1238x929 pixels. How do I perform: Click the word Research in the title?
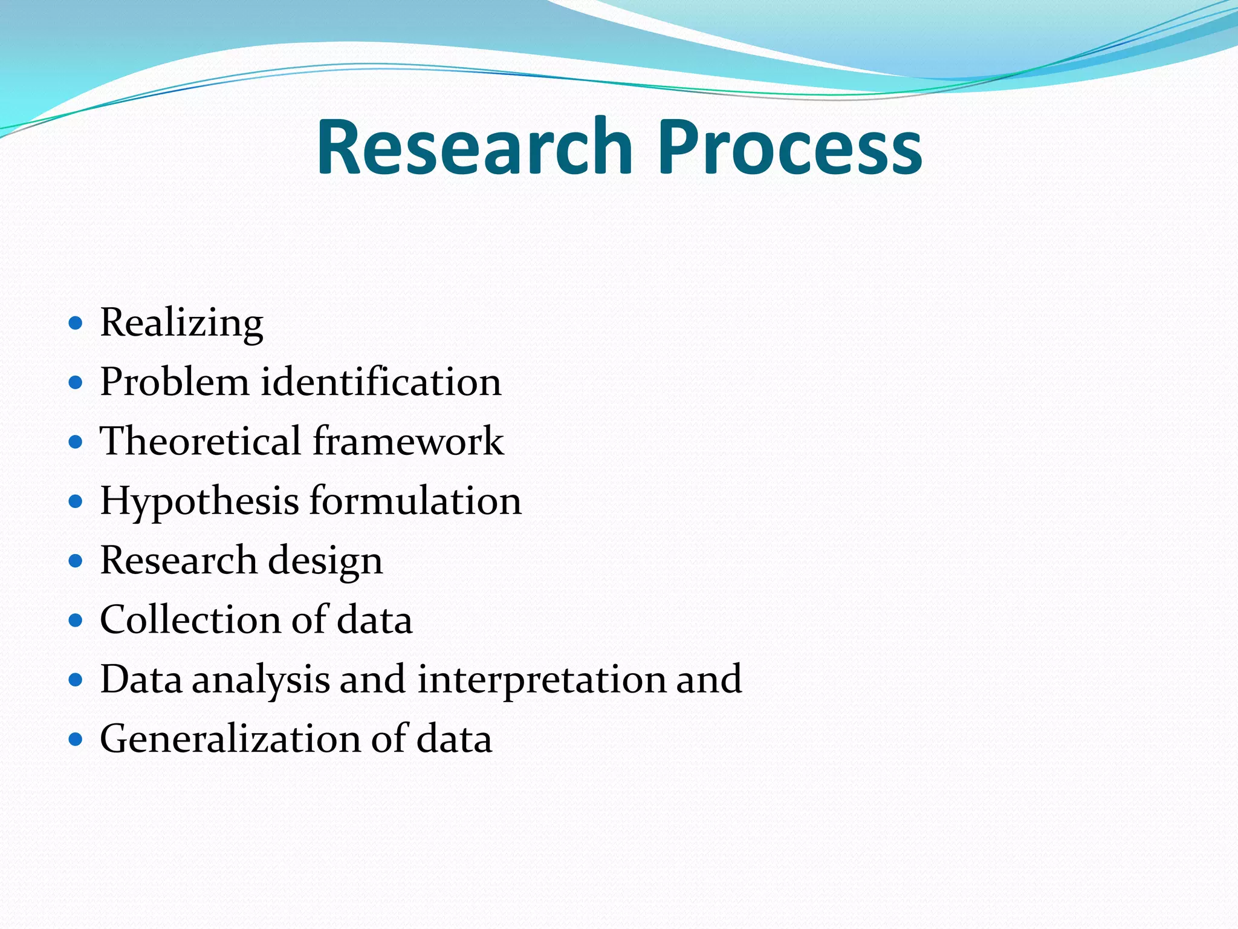pyautogui.click(x=475, y=147)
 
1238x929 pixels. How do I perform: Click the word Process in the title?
pyautogui.click(x=789, y=147)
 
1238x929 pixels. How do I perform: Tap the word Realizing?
pyautogui.click(x=181, y=322)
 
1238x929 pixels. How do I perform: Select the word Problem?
pyautogui.click(x=174, y=382)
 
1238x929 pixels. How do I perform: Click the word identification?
pyautogui.click(x=381, y=382)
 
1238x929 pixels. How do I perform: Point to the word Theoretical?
pyautogui.click(x=200, y=440)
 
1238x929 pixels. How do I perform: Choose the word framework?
pyautogui.click(x=408, y=440)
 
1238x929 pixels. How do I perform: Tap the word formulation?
pyautogui.click(x=415, y=500)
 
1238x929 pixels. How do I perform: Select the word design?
pyautogui.click(x=325, y=561)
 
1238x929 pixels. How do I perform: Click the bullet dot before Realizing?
pyautogui.click(x=75, y=323)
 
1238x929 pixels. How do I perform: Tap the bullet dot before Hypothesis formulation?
pyautogui.click(x=75, y=501)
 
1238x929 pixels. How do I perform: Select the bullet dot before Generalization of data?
pyautogui.click(x=75, y=739)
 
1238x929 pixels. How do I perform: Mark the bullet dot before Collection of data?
pyautogui.click(x=75, y=620)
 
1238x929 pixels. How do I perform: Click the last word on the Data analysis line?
pyautogui.click(x=708, y=679)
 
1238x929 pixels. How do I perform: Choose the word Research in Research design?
pyautogui.click(x=178, y=559)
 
